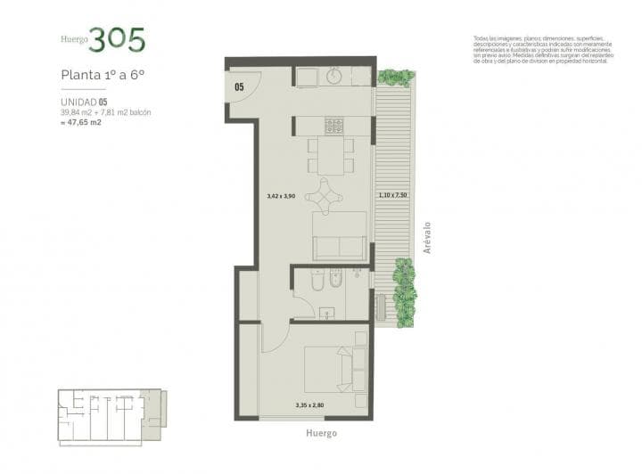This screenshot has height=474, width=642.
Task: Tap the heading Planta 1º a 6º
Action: [103, 75]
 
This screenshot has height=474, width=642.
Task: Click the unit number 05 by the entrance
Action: [240, 87]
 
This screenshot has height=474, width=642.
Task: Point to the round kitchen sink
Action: [336, 77]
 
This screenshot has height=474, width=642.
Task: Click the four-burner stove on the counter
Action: [335, 126]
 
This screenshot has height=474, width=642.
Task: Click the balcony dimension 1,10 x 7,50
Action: [392, 194]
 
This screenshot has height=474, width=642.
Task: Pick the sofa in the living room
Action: [339, 235]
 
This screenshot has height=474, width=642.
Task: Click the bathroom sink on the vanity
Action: [327, 312]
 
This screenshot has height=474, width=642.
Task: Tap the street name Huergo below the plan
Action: [322, 433]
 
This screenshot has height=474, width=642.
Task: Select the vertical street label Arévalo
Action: [428, 238]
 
